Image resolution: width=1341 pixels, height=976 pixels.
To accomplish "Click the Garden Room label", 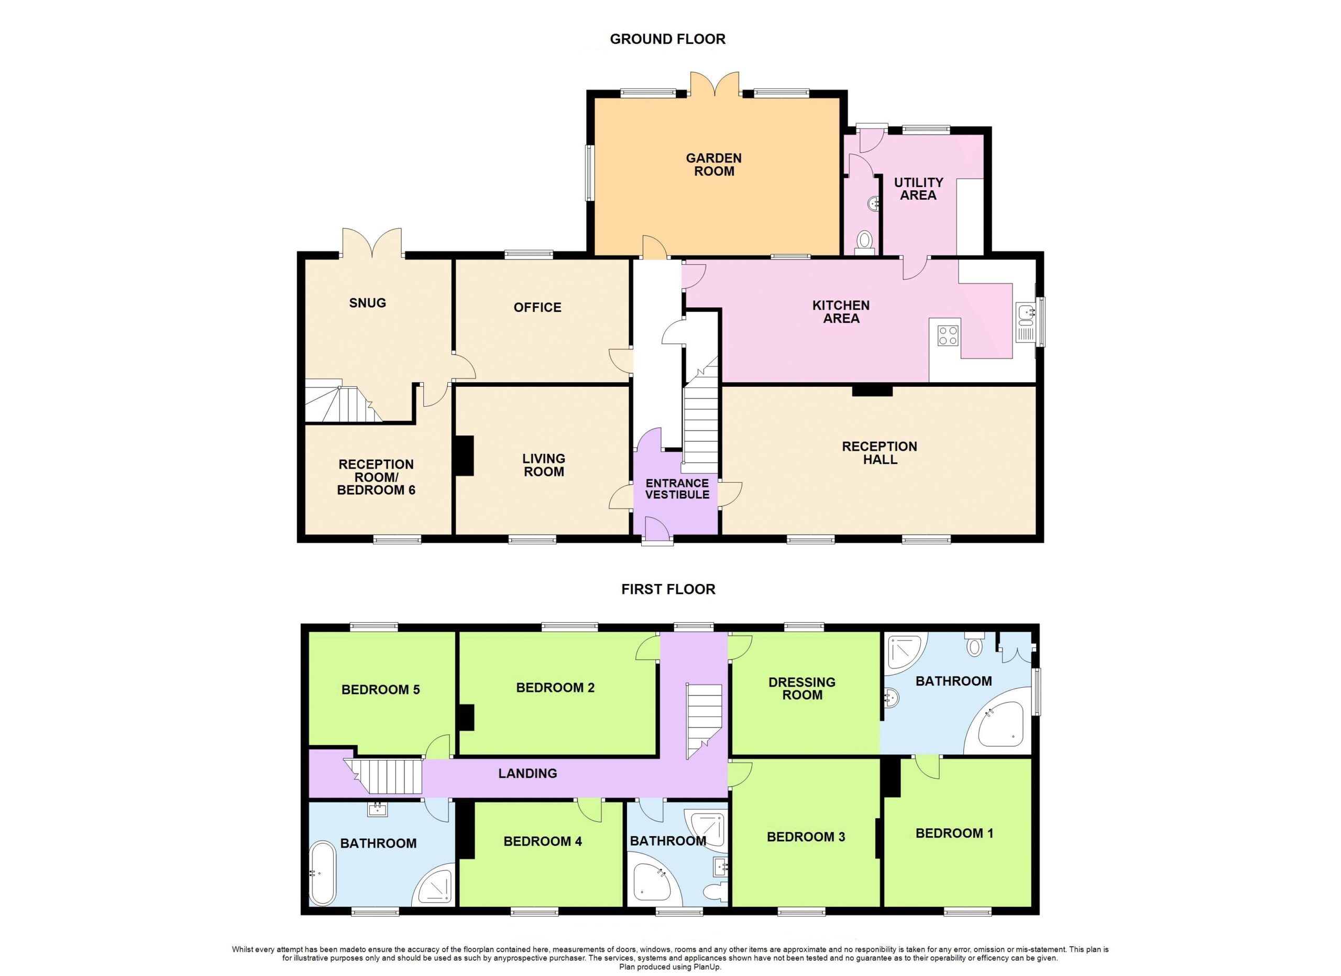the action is pyautogui.click(x=713, y=165).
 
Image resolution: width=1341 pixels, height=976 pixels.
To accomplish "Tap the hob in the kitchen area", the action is pyautogui.click(x=948, y=336).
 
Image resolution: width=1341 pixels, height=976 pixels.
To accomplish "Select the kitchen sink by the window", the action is pyautogui.click(x=1025, y=322).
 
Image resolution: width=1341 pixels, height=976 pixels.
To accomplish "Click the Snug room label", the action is pyautogui.click(x=367, y=303).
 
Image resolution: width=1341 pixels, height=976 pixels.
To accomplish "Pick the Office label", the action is pyautogui.click(x=537, y=307).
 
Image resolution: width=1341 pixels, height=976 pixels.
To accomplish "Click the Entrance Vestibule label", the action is pyautogui.click(x=677, y=489).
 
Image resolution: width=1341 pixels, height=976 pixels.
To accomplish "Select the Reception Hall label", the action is pyautogui.click(x=880, y=452).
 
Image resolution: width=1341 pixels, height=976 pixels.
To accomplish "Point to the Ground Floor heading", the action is pyautogui.click(x=667, y=39).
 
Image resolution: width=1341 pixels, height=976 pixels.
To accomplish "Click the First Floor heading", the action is pyautogui.click(x=668, y=589).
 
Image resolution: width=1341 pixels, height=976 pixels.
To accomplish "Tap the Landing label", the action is pyautogui.click(x=527, y=773).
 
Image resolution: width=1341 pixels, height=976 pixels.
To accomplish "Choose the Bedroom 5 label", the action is pyautogui.click(x=380, y=690).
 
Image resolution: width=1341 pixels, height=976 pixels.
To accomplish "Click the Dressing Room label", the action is pyautogui.click(x=802, y=689).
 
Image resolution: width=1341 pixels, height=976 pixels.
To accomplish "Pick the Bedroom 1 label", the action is pyautogui.click(x=954, y=833).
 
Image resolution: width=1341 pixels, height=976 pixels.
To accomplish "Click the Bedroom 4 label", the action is pyautogui.click(x=542, y=841).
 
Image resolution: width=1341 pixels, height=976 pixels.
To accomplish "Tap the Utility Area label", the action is pyautogui.click(x=918, y=189).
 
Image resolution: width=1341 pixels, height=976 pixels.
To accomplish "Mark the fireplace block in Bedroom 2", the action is pyautogui.click(x=467, y=718).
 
